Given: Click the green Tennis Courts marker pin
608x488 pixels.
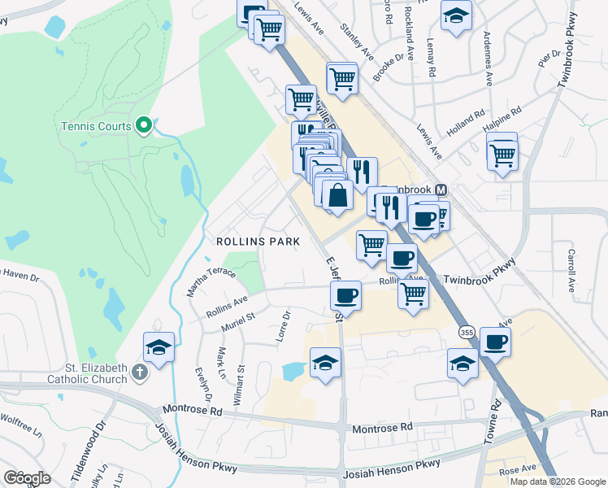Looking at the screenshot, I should point(144,124).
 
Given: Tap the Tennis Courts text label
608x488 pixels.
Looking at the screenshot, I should point(96,126).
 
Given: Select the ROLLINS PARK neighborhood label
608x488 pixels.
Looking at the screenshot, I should point(258,242).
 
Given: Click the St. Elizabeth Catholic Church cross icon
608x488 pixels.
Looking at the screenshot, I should point(140,373).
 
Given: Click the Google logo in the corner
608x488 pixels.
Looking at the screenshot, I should point(27,478).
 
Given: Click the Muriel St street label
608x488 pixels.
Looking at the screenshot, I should point(238,320).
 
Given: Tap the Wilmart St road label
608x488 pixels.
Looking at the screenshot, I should point(241,382).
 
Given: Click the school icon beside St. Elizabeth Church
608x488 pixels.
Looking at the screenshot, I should point(159,347).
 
